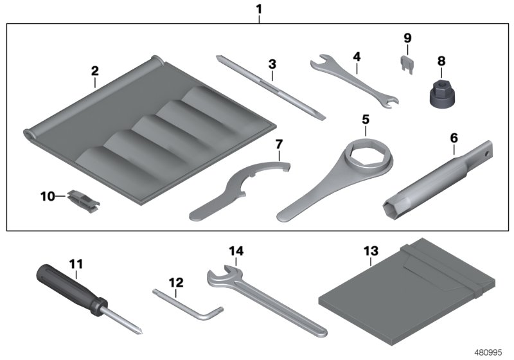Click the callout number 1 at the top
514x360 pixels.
tap(260, 10)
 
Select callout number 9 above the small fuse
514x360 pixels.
tap(407, 38)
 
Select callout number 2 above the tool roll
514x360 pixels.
tap(94, 70)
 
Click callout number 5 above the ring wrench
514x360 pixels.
tap(365, 119)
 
